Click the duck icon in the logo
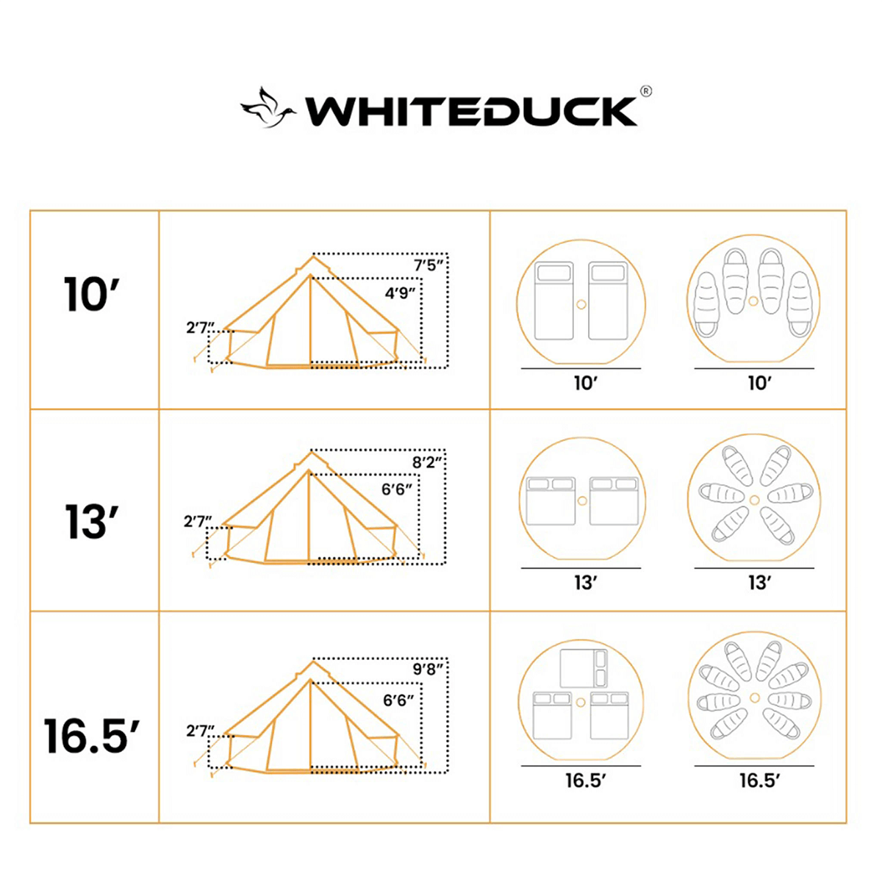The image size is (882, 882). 268,109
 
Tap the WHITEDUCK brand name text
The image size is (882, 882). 470,111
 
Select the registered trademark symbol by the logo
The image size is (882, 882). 645,91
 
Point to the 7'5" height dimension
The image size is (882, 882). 429,265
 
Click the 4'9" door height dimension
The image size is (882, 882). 401,293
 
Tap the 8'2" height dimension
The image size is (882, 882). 428,462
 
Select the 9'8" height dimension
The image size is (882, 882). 429,670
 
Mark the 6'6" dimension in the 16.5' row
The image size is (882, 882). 398,700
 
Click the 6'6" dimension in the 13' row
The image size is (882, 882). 397,489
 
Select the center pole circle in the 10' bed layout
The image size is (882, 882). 581,304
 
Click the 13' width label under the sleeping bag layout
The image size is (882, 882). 759,583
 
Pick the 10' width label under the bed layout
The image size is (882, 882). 585,383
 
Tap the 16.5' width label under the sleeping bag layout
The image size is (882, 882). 759,781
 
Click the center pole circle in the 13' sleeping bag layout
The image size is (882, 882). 754,500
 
